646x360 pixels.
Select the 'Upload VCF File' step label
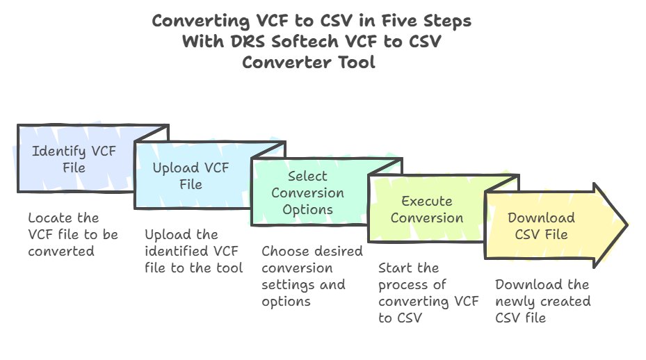[x=190, y=176]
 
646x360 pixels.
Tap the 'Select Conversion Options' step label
[x=307, y=193]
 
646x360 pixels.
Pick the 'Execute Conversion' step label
[x=426, y=209]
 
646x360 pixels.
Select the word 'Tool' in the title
[x=356, y=63]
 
